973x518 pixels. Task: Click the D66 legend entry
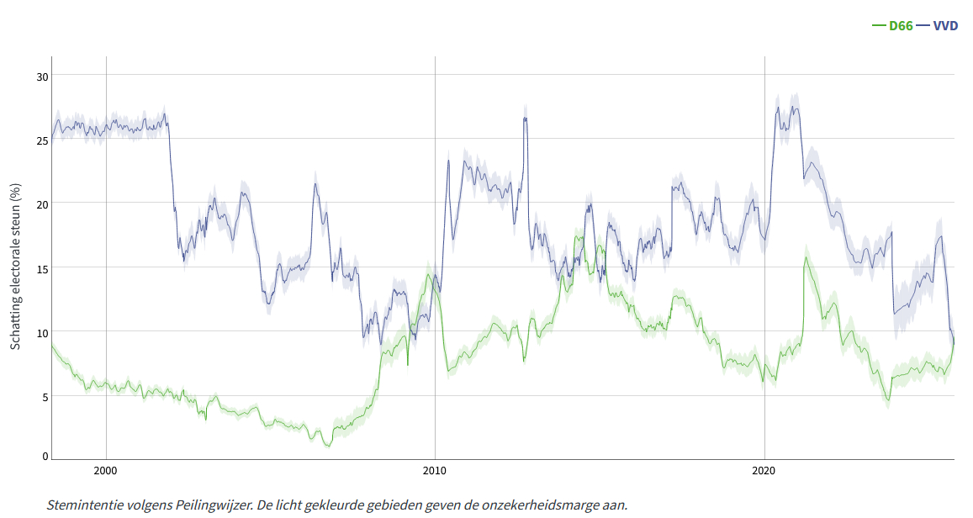click(x=901, y=25)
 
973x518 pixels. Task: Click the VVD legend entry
click(x=946, y=25)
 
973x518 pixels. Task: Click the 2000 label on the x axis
click(x=106, y=469)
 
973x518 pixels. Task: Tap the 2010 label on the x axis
click(x=435, y=469)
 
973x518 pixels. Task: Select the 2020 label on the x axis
click(x=764, y=469)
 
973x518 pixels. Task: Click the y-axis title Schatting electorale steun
click(x=16, y=267)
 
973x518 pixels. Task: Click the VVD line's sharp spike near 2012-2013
click(x=525, y=118)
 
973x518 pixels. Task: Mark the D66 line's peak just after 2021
click(x=806, y=257)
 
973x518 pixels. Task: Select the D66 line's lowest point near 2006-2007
click(x=328, y=445)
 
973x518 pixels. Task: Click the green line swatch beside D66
click(x=880, y=25)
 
